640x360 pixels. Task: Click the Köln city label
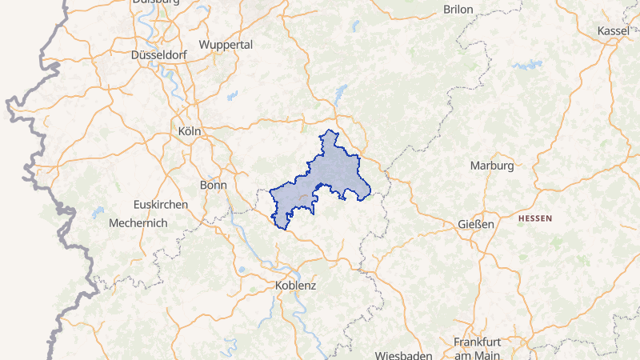[190, 130]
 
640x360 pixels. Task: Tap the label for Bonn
[213, 184]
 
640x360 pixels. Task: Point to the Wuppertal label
[226, 45]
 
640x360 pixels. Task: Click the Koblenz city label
[295, 286]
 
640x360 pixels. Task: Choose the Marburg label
[491, 166]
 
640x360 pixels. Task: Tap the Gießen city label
[476, 224]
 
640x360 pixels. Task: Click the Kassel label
[614, 30]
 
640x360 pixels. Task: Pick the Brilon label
[458, 9]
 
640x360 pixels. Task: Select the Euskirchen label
[161, 204]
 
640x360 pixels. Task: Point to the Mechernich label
[138, 223]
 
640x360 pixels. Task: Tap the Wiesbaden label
[404, 354]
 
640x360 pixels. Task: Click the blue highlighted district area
[328, 172]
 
